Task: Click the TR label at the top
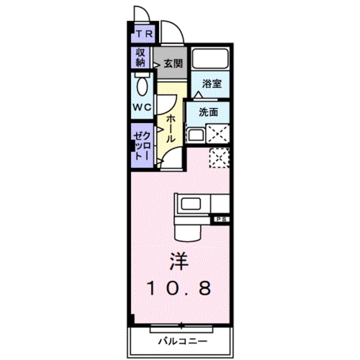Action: point(145,34)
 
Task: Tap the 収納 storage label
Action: point(141,57)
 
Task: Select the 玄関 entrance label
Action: point(173,64)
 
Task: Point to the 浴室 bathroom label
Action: point(211,84)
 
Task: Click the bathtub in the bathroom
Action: point(210,58)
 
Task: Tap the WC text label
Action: point(142,107)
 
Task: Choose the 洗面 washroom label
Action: point(208,112)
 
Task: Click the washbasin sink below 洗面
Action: point(196,136)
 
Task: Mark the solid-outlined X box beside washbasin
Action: point(218,133)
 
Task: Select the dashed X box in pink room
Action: point(219,157)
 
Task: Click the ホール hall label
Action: point(170,129)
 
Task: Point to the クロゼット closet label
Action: point(142,146)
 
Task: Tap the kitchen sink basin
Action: point(191,204)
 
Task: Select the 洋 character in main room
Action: point(179,262)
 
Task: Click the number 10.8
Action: point(179,288)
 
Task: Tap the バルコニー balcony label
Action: point(182,341)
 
